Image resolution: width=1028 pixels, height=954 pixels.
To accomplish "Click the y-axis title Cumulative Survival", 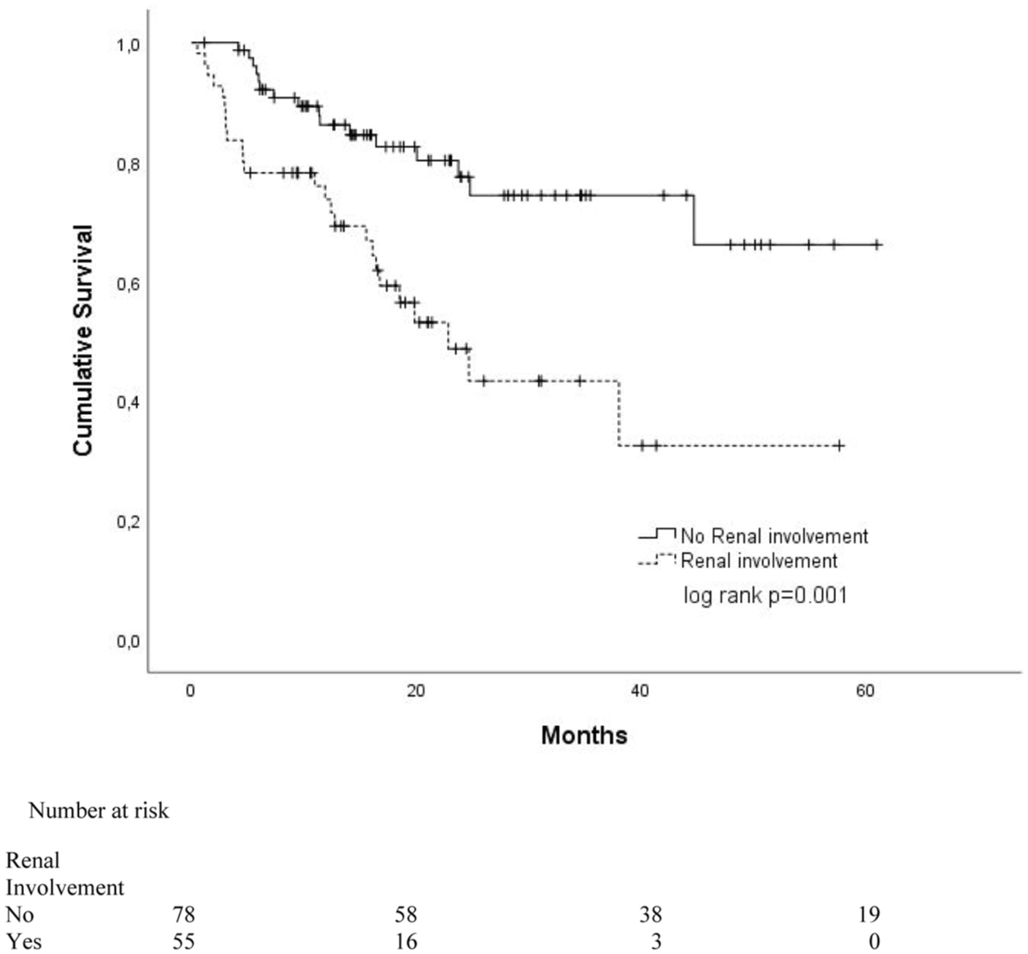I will (x=83, y=340).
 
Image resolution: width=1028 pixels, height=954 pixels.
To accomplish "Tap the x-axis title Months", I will (x=584, y=735).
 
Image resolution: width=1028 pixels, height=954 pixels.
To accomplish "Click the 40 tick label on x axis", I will (x=640, y=692).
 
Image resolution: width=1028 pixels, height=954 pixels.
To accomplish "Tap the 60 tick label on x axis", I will (x=866, y=692).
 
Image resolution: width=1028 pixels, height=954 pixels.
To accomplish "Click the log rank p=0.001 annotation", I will (x=765, y=594).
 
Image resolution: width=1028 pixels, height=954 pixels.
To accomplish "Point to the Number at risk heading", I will (x=99, y=811).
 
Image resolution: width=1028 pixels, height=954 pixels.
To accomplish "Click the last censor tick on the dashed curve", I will (x=839, y=446).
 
